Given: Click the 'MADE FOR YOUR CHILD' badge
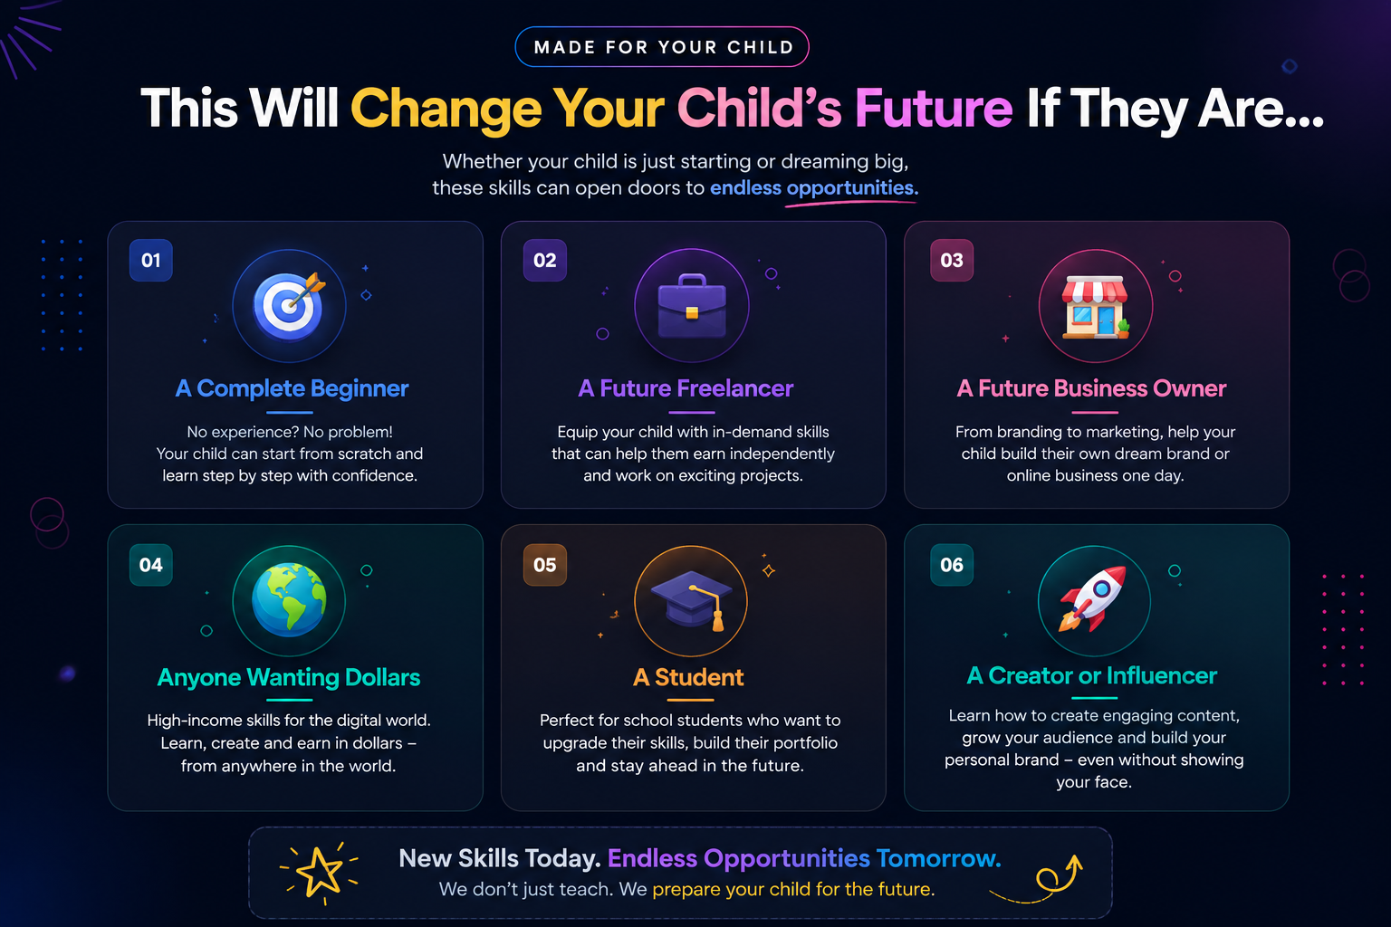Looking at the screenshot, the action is click(x=662, y=46).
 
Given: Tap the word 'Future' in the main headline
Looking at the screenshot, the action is click(x=934, y=108).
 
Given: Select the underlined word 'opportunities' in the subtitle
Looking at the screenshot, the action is click(x=852, y=187).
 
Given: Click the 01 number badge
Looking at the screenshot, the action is click(x=151, y=260).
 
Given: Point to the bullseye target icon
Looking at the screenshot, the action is click(x=290, y=306).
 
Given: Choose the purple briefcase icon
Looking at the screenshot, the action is click(x=692, y=306).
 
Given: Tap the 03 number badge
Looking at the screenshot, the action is click(x=952, y=260).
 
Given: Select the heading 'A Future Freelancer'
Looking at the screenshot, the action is click(x=686, y=388).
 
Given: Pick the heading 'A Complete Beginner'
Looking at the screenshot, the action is click(x=292, y=388).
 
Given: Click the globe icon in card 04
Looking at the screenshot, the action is click(x=289, y=600).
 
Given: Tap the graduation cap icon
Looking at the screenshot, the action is click(x=691, y=600).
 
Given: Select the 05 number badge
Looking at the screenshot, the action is click(x=545, y=565).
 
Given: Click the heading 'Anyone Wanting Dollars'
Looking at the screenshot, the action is click(x=289, y=677).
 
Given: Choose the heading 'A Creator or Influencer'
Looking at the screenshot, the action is click(x=1091, y=675).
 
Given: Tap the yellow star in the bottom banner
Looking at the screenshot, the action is click(x=320, y=872).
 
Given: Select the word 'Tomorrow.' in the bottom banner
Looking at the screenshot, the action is click(x=938, y=858).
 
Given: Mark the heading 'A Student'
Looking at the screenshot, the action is click(x=688, y=677).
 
